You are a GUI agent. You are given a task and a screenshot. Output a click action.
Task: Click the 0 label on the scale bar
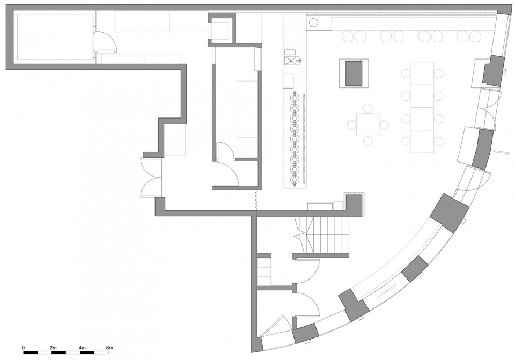coord(23,347)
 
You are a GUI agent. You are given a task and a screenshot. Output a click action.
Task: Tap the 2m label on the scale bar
coord(53,347)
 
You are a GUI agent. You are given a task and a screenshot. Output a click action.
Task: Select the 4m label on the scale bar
coord(82,347)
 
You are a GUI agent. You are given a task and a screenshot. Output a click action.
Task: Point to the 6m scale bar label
coord(109,347)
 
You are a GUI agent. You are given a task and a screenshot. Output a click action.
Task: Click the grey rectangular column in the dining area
coord(354,73)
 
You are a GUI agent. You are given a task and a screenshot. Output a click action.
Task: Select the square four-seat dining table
coord(368,124)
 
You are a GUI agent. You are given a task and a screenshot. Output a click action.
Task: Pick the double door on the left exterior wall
coord(151,178)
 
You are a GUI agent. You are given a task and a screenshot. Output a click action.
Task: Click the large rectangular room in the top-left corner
coord(55,37)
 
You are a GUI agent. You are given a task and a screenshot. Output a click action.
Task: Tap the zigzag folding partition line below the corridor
coord(255,200)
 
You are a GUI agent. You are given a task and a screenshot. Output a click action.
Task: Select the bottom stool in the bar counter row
coord(295,179)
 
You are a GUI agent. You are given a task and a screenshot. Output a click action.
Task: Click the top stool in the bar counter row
coord(295,98)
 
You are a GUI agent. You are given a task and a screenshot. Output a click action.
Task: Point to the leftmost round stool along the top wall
coord(348,36)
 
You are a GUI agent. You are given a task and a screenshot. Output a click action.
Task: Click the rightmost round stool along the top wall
coord(475,36)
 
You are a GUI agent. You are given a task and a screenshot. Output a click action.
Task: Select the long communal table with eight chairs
coord(422,107)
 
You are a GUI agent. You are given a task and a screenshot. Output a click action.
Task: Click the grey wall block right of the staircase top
coord(354,205)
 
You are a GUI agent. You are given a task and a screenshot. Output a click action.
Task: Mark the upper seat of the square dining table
coord(368,108)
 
